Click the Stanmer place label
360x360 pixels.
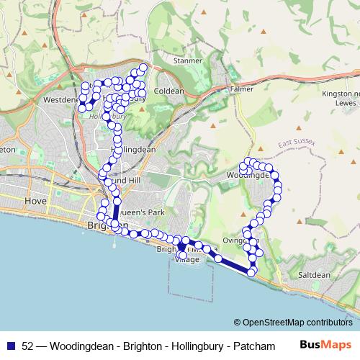[x=188, y=61]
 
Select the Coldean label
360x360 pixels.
[x=170, y=91]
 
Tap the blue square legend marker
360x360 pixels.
[x=11, y=346]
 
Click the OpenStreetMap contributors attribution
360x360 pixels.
[x=293, y=323]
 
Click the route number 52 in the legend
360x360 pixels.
[x=28, y=346]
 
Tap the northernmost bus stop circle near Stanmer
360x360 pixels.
[x=143, y=68]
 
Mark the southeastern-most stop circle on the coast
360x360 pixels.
[x=251, y=272]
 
